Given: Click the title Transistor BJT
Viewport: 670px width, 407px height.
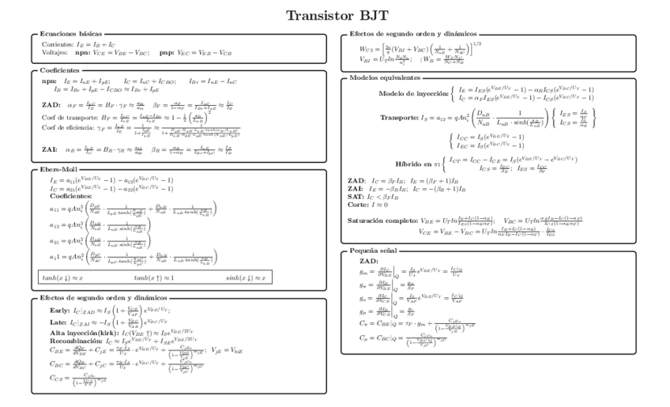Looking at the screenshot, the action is [335, 15].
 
